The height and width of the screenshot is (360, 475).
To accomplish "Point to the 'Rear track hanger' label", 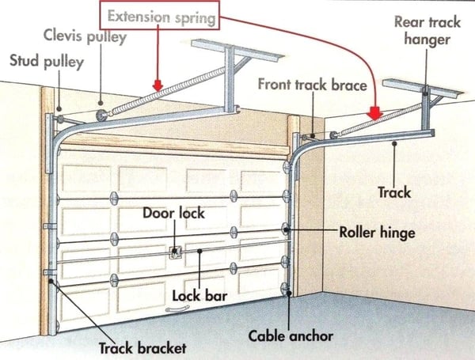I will [426, 29].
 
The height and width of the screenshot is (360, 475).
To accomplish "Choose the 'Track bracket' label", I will [142, 347].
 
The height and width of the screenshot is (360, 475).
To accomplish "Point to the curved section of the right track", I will [306, 147].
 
